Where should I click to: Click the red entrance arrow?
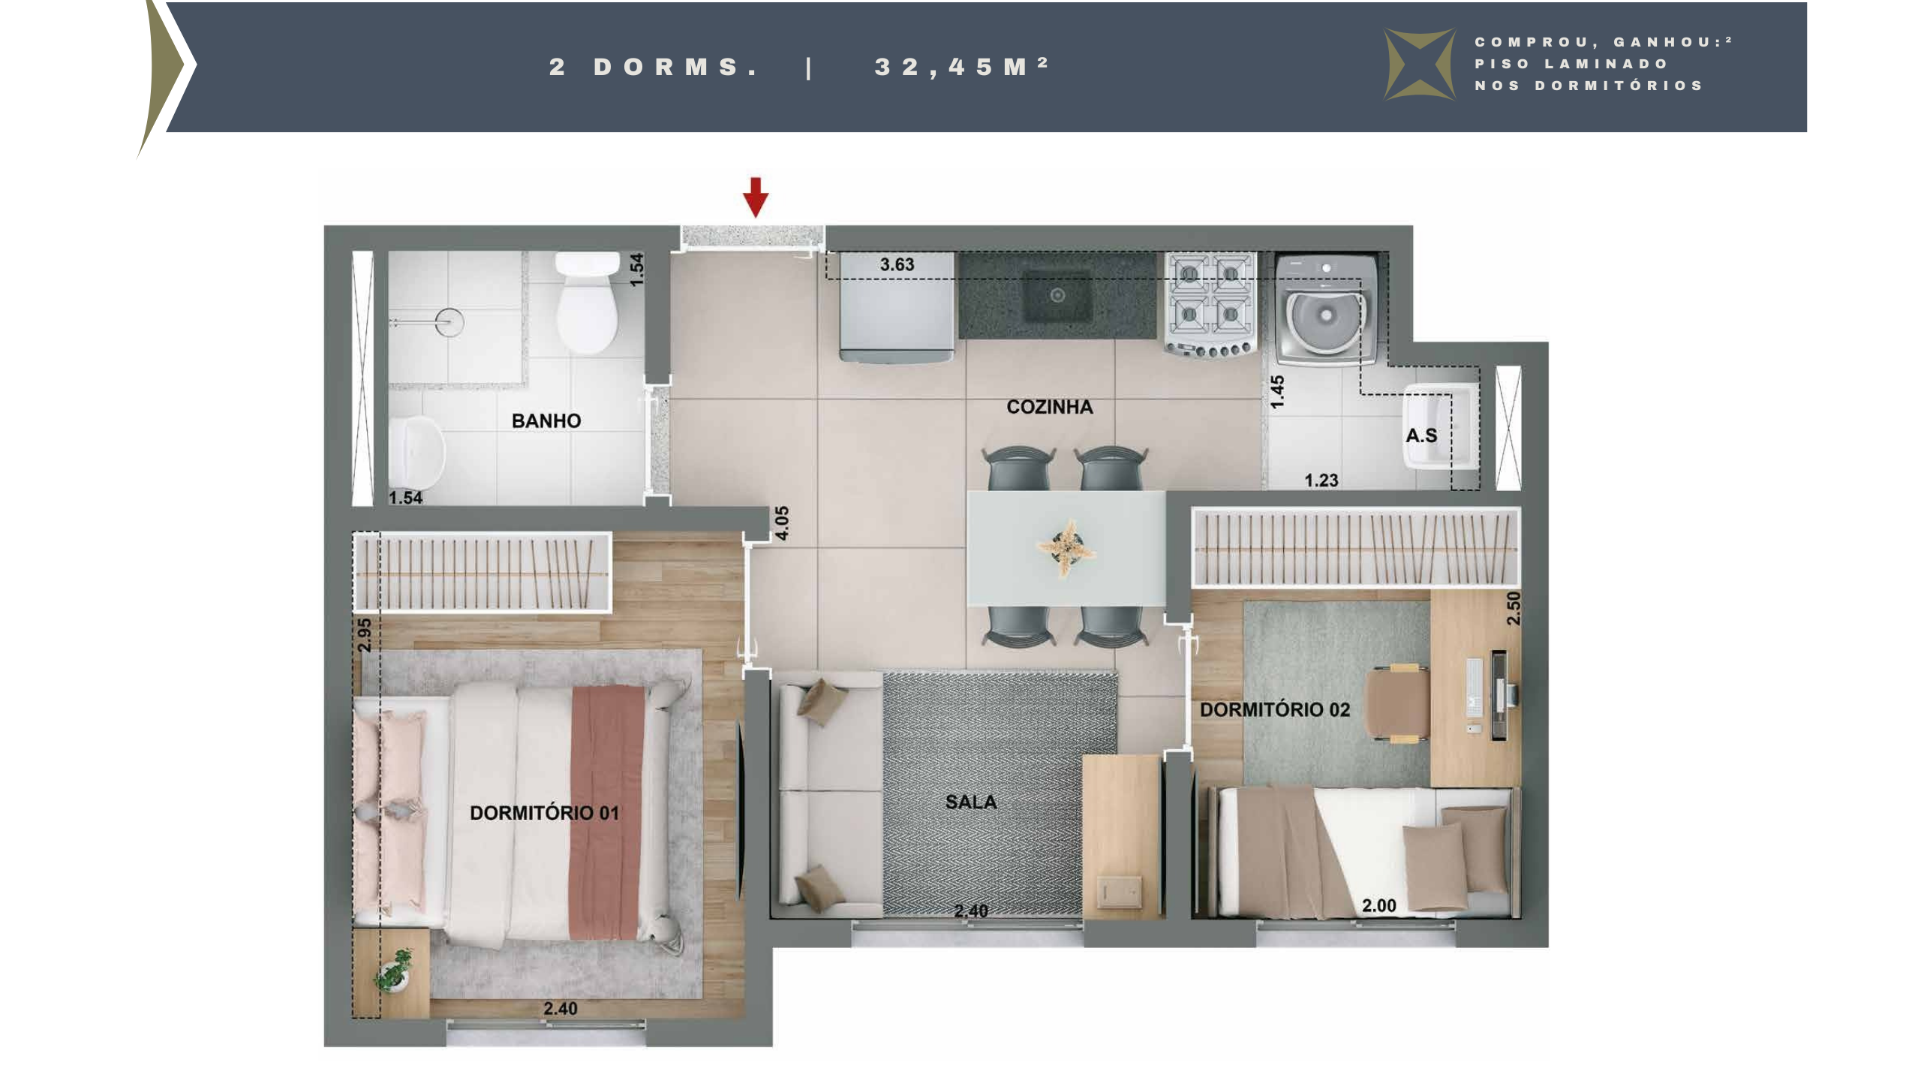[756, 197]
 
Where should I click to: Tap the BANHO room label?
[546, 421]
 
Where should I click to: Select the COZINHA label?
[1049, 407]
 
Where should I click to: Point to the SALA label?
[971, 802]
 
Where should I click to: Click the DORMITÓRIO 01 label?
[544, 812]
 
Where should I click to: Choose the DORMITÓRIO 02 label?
[1275, 709]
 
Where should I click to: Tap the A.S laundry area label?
[1421, 435]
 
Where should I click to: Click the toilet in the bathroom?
[586, 304]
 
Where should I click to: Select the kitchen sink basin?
[1057, 295]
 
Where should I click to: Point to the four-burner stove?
[1210, 304]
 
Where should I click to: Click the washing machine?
[1326, 309]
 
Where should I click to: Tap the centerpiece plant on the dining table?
[1065, 547]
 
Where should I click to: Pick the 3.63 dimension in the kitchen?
[897, 264]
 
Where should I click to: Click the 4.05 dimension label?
[782, 523]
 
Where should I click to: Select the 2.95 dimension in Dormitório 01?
[364, 635]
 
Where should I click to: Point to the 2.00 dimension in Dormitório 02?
[1379, 906]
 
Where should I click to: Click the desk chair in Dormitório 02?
[1396, 703]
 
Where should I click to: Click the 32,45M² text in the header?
[961, 67]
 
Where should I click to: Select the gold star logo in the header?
[1420, 65]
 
